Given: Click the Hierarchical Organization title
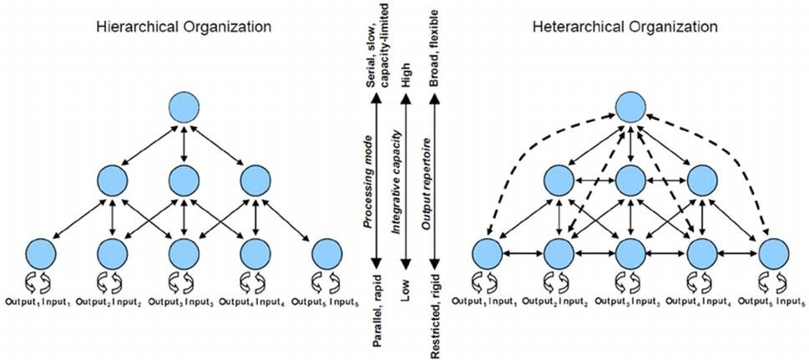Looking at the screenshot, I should coord(184,27).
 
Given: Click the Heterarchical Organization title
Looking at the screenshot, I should coord(624,27).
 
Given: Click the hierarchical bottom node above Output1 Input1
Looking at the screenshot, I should coord(40,253).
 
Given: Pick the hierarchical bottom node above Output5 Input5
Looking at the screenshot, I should coord(327,253).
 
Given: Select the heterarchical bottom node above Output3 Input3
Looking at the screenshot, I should coord(631,253).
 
